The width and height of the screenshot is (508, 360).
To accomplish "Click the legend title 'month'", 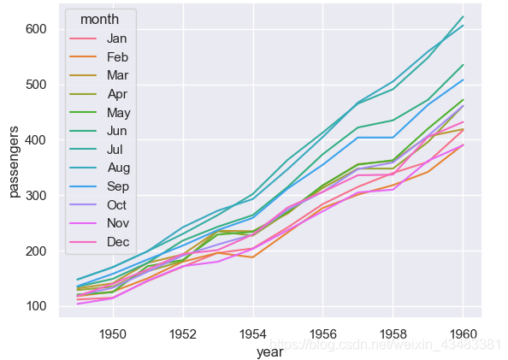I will tap(98, 19).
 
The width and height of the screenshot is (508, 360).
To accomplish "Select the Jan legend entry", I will tap(116, 38).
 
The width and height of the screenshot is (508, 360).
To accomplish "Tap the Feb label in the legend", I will tap(116, 56).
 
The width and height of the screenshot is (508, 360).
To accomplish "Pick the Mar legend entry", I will tap(116, 75).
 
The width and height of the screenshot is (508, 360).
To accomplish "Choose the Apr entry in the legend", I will tap(116, 94).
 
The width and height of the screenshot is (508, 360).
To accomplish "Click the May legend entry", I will tap(116, 113).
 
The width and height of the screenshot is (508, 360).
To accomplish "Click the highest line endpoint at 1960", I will tap(463, 17).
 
